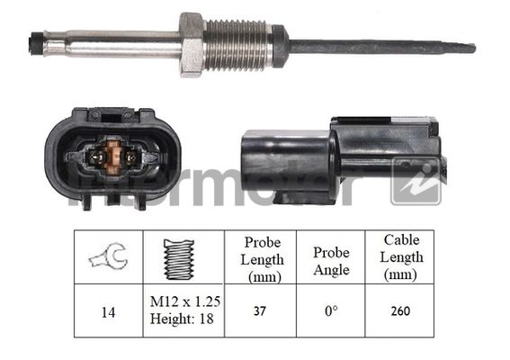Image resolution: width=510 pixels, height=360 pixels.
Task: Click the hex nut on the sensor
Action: pyautogui.click(x=191, y=44)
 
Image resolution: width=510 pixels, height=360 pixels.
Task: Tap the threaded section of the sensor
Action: pyautogui.click(x=237, y=45)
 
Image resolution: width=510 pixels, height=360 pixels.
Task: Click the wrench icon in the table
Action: pyautogui.click(x=109, y=257)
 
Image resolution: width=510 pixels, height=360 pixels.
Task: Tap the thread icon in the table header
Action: pyautogui.click(x=179, y=257)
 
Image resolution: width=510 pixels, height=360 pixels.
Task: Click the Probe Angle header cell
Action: pyautogui.click(x=330, y=257)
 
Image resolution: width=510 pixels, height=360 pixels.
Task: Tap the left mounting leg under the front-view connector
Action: pyautogui.click(x=85, y=201)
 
